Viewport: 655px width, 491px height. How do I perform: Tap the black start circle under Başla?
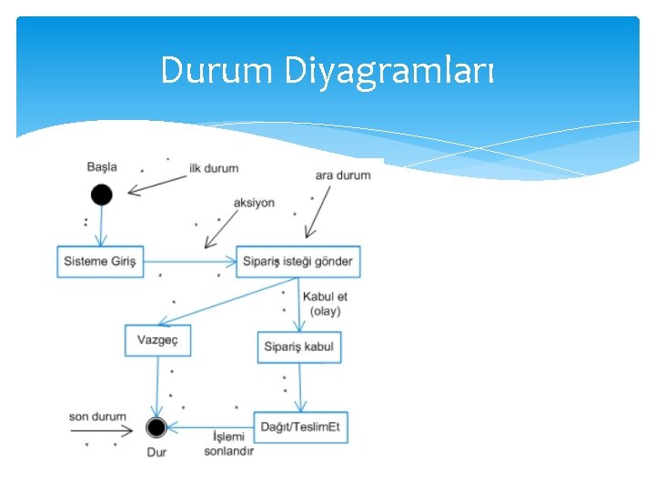[x=101, y=194]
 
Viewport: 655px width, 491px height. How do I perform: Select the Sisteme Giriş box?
[x=100, y=262]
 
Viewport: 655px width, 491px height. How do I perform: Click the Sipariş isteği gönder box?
[x=297, y=262]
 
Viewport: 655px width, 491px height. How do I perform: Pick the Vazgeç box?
[x=157, y=339]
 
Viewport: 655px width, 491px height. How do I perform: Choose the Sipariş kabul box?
[x=298, y=346]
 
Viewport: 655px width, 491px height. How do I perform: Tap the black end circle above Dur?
[x=156, y=426]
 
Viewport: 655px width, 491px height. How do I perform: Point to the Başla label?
[x=102, y=166]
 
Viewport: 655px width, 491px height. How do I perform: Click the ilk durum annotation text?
[x=214, y=168]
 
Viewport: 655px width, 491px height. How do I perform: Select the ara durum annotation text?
[x=342, y=175]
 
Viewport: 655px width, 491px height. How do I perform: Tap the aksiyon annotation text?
[x=254, y=203]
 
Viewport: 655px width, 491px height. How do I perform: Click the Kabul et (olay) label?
[x=325, y=304]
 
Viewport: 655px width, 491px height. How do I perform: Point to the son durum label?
[x=97, y=416]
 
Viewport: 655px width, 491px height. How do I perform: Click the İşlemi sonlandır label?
[x=228, y=444]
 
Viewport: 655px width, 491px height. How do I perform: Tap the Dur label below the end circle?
[x=156, y=452]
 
